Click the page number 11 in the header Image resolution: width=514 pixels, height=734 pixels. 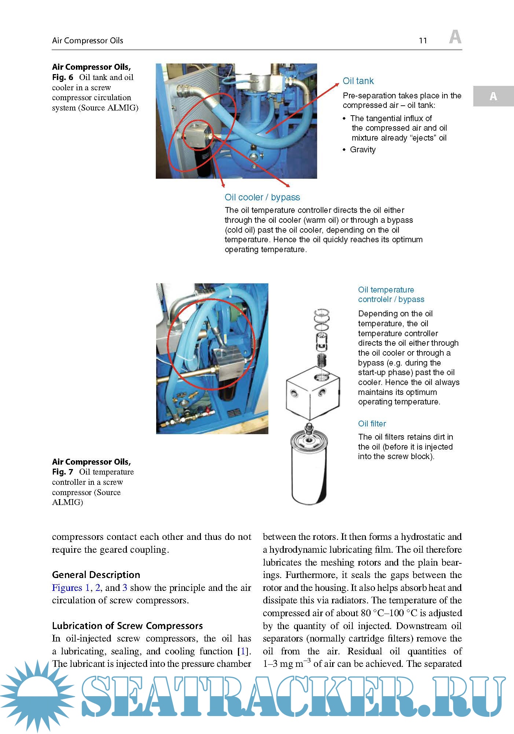tap(423, 41)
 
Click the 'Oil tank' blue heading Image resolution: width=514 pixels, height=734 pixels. tap(358, 81)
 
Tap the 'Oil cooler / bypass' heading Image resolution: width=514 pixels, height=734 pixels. tap(262, 197)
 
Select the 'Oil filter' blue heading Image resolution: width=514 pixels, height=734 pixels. tap(372, 424)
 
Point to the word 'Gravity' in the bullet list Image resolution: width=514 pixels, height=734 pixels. tap(363, 150)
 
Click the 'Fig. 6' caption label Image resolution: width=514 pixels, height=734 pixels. tap(63, 77)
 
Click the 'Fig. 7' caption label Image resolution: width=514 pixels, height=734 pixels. tap(63, 472)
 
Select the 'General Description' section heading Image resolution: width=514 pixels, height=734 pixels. tap(96, 575)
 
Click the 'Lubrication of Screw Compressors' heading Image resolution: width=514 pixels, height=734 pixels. tap(127, 626)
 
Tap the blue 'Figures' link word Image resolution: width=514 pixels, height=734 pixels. tap(67, 588)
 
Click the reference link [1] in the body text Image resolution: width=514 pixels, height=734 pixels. tap(242, 651)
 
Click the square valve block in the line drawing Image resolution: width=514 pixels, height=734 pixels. tap(312, 393)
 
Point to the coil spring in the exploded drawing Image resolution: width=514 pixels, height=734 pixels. tap(321, 360)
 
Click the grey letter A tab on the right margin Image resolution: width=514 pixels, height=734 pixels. tap(493, 96)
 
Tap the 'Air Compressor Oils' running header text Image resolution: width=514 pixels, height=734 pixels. tap(88, 41)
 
